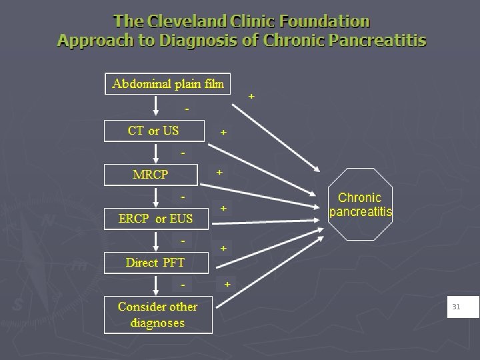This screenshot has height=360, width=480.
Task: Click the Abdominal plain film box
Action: [x=168, y=84]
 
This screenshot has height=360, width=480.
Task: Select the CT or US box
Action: [x=154, y=131]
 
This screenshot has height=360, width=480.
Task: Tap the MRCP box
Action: [x=151, y=175]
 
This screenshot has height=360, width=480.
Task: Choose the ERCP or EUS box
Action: [x=156, y=219]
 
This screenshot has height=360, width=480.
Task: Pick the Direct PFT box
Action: [x=155, y=263]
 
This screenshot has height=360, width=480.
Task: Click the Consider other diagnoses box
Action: [x=158, y=315]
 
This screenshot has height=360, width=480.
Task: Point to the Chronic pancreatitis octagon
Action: [x=361, y=205]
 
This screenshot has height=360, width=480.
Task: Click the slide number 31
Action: [x=457, y=307]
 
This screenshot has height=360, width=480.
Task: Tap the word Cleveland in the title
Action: [x=193, y=22]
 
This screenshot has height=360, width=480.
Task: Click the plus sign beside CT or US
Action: [x=223, y=133]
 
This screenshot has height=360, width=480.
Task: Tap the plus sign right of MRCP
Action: [x=219, y=172]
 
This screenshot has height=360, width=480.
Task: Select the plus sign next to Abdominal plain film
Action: [x=251, y=97]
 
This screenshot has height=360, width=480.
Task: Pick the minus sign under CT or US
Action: [x=183, y=153]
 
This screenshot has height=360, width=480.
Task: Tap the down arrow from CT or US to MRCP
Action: [x=155, y=153]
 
